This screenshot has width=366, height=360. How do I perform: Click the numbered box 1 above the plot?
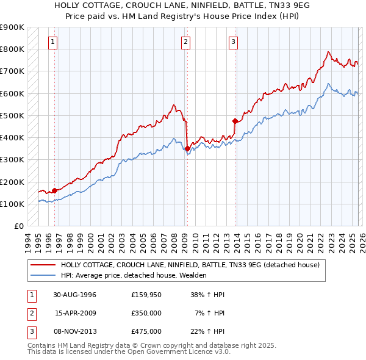[54, 42]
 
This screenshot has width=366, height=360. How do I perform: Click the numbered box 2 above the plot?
[185, 42]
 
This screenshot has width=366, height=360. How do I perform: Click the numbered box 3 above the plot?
[233, 42]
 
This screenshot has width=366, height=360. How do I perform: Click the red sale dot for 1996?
[55, 190]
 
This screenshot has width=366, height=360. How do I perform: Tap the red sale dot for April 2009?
[187, 148]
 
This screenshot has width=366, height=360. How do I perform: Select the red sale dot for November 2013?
[235, 121]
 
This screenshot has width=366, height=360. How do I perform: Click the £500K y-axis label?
[12, 115]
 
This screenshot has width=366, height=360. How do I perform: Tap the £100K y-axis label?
[12, 204]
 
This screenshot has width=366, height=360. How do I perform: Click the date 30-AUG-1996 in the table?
[74, 295]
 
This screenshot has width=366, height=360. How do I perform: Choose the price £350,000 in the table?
[146, 313]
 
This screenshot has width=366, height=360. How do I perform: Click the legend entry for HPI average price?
[134, 275]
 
